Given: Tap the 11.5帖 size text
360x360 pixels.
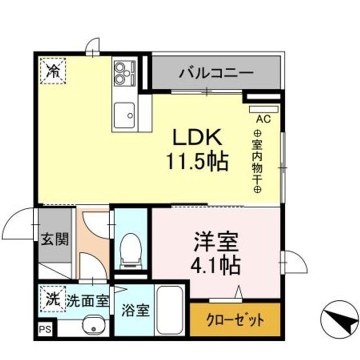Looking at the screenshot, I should point(197,161).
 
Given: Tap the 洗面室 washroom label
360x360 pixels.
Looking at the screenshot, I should point(87,301).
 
